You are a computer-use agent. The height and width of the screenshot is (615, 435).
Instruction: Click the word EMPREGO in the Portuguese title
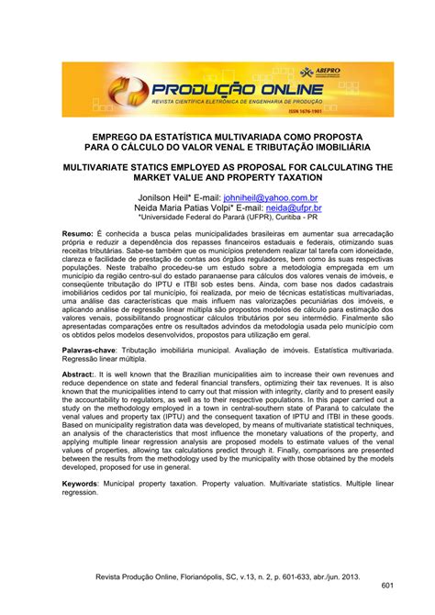click(107, 134)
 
